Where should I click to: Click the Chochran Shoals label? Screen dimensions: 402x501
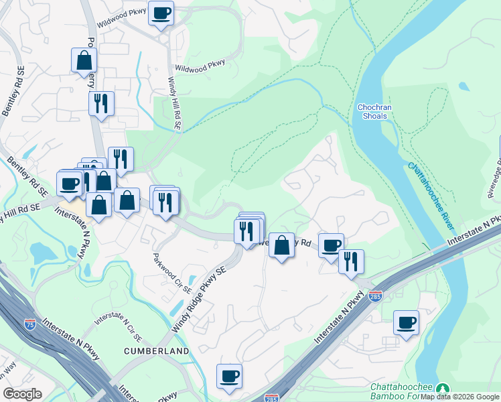click(x=372, y=111)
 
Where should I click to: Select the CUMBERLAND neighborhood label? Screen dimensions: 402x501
click(x=156, y=351)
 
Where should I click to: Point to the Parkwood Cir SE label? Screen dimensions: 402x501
click(x=171, y=275)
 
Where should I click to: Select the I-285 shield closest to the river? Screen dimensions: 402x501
click(x=376, y=295)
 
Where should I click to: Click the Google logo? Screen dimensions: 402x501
click(x=22, y=394)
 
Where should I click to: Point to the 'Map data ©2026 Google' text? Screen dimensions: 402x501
click(x=459, y=396)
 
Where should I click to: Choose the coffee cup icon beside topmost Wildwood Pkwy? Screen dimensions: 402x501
click(x=161, y=13)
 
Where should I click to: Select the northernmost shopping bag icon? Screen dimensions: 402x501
click(x=84, y=60)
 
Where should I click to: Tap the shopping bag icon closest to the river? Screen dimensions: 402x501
click(x=282, y=245)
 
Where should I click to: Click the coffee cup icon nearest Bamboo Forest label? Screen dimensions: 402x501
click(x=406, y=322)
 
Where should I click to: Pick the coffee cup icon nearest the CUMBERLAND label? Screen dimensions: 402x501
click(x=229, y=376)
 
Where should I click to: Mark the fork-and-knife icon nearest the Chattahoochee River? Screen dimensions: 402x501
click(x=350, y=261)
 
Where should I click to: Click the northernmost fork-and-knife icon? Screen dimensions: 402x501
click(x=101, y=103)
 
